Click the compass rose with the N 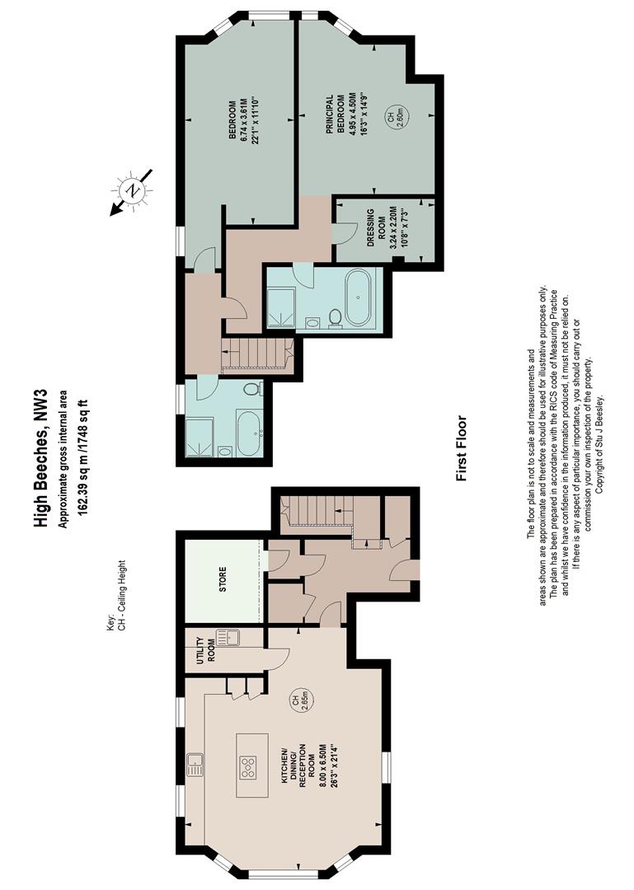point(133,191)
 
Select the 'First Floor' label point(462,448)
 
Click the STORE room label point(223,579)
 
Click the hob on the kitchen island point(248,767)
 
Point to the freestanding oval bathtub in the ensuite point(358,297)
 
